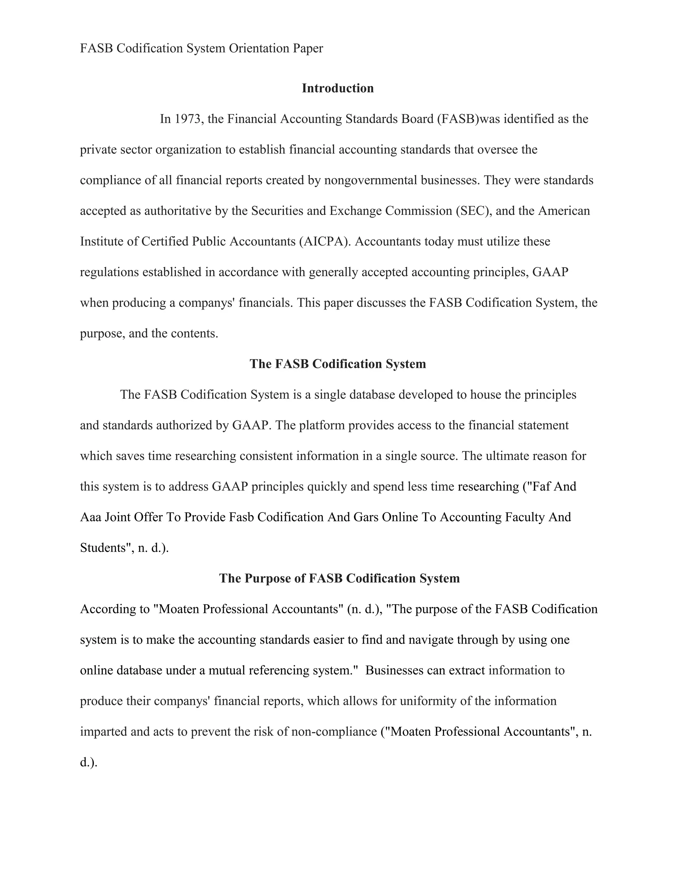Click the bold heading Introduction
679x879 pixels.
click(338, 88)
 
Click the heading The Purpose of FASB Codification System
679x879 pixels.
click(339, 578)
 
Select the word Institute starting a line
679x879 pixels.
click(98, 241)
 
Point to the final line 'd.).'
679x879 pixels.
click(89, 762)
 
